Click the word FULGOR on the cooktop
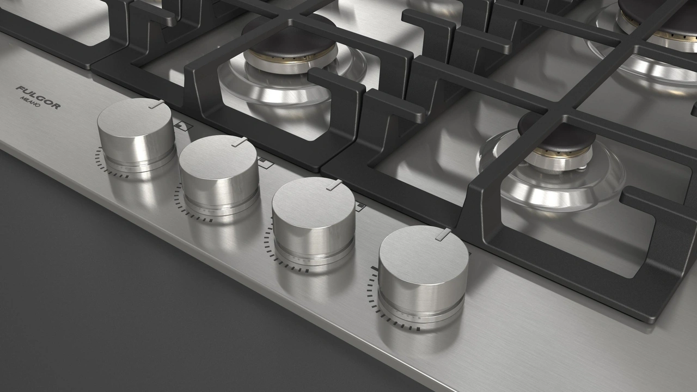point(38,97)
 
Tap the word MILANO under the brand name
point(30,102)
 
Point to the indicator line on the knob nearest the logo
point(156,104)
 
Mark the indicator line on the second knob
point(239,142)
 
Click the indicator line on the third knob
point(334,185)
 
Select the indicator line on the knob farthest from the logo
point(443,234)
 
